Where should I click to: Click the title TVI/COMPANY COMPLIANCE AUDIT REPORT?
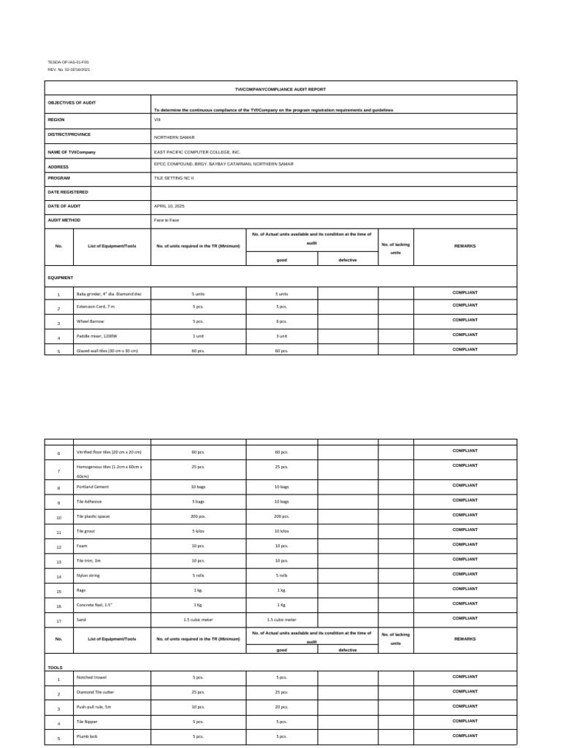[280, 88]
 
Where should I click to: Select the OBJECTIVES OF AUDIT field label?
[72, 102]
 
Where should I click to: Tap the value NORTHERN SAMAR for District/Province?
[174, 137]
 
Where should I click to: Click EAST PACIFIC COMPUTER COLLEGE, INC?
[197, 151]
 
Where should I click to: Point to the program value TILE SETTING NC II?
[174, 178]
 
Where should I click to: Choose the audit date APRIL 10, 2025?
[170, 206]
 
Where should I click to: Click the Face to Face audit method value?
[166, 220]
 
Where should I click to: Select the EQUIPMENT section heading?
[61, 278]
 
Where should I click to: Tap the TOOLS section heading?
[55, 667]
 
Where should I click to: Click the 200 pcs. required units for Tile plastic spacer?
[198, 516]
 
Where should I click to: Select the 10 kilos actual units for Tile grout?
[282, 531]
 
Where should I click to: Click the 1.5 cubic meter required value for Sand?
[198, 619]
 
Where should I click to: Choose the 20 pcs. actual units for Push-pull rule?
[282, 708]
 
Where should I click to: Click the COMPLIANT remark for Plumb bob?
[465, 736]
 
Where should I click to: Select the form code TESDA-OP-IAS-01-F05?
[68, 63]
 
